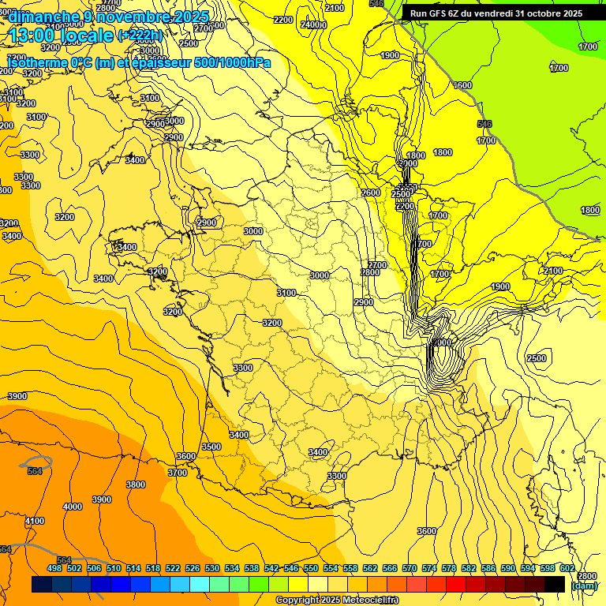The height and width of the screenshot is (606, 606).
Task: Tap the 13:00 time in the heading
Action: coord(31,36)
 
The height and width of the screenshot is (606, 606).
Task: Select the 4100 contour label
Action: coord(35,521)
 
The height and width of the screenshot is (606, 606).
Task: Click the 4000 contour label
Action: coord(73,507)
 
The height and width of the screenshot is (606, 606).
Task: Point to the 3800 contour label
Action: coord(136,484)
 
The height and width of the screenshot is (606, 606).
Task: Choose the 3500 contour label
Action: coord(211,447)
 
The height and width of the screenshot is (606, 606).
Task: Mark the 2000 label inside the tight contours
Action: coord(442,342)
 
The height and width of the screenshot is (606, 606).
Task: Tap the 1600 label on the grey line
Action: coord(462,85)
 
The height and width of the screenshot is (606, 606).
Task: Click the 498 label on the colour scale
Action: coord(54,568)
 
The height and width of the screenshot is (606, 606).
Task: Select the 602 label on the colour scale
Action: coord(567,568)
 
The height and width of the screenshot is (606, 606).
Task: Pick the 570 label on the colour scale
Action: coord(410,568)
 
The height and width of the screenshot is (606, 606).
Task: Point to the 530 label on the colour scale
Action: coord(211,568)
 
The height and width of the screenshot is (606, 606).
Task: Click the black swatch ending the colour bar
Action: coord(555,584)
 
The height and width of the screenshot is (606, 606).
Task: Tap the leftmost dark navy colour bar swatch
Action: coord(42,584)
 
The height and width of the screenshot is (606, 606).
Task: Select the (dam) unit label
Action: coord(584,586)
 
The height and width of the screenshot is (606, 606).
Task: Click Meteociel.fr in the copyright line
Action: coord(371,600)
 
